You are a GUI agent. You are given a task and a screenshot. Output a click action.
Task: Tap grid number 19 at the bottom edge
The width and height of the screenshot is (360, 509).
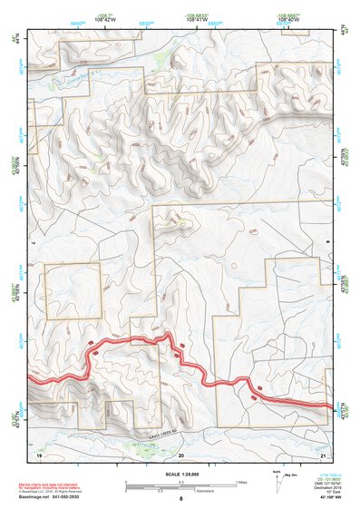pyautogui.click(x=39, y=454)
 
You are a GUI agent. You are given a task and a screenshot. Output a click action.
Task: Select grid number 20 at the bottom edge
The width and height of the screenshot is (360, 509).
pyautogui.click(x=181, y=454)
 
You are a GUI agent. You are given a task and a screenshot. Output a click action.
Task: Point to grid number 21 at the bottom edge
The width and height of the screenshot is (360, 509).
pyautogui.click(x=323, y=454)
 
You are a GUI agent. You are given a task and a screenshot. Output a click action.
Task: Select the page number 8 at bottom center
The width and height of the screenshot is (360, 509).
pyautogui.click(x=180, y=499)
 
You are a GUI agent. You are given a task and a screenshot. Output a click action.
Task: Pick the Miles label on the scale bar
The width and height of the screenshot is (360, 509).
pyautogui.click(x=239, y=482)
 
